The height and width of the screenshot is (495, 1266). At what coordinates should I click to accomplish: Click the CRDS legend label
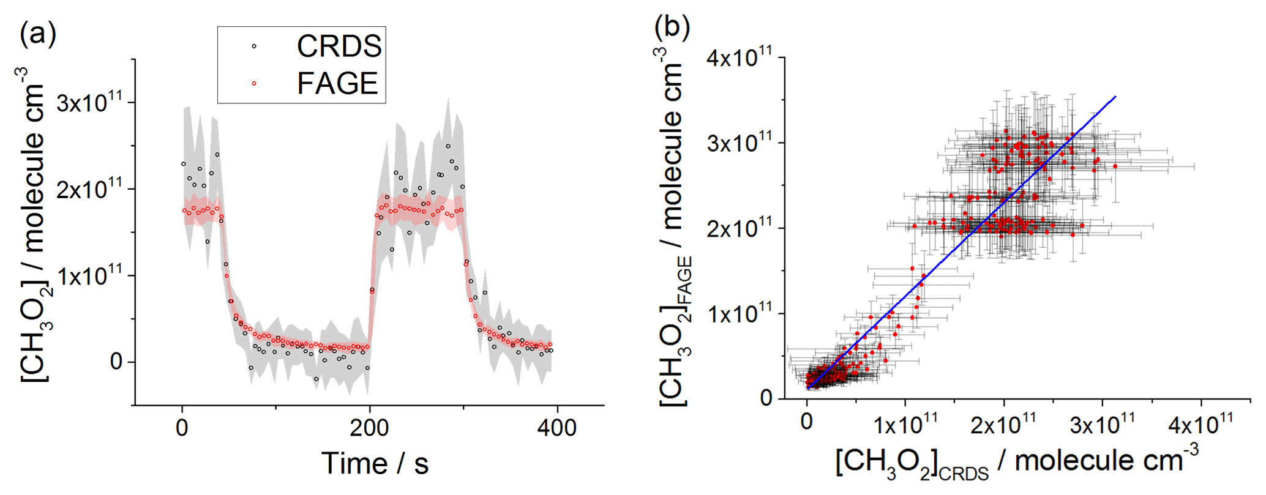339,47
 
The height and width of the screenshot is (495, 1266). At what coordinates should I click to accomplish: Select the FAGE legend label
337,84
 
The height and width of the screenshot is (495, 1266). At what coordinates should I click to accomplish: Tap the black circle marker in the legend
254,46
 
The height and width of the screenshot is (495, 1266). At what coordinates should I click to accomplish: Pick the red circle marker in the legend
254,83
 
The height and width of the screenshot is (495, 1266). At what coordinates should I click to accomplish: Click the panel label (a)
38,34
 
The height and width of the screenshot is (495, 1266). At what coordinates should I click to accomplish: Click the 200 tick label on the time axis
370,428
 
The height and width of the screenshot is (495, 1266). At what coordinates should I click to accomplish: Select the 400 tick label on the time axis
557,428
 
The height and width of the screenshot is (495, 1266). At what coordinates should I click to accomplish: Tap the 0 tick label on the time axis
182,428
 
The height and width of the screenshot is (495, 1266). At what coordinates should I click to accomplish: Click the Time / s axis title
375,463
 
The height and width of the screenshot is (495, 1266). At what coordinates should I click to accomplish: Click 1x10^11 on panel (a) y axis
89,275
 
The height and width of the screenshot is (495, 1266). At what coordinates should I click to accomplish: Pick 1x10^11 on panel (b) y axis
738,314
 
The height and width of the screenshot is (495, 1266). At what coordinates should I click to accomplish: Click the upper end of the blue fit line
1115,97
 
